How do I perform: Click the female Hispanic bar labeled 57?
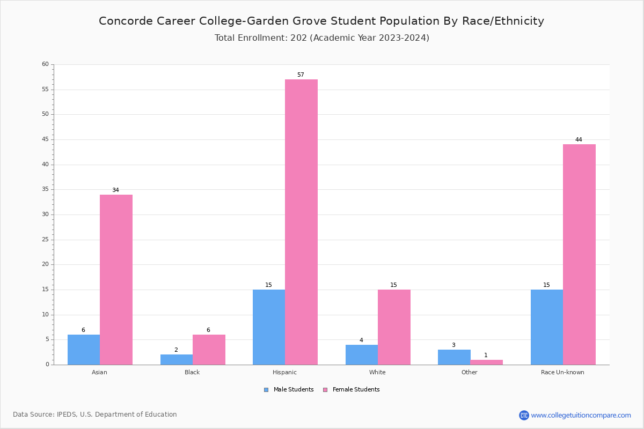301,222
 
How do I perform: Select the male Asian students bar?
84,350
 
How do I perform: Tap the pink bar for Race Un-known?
579,254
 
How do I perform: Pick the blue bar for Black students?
177,359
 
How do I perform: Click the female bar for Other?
486,363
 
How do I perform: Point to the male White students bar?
362,354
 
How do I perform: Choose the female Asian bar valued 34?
116,279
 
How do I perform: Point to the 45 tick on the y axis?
45,139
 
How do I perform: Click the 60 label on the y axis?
45,64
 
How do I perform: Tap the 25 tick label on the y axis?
45,240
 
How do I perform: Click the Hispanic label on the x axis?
284,372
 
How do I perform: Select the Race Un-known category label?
562,372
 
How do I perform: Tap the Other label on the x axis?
469,372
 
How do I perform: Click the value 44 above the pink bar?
579,140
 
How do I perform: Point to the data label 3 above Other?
453,345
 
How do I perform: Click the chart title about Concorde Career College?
321,21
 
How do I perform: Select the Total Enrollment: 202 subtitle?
321,38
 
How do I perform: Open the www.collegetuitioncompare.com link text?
581,415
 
